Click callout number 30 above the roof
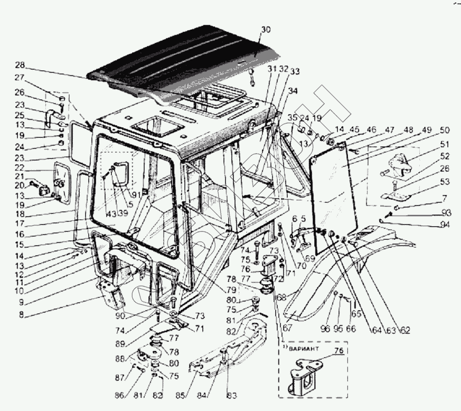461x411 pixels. [x=265, y=30]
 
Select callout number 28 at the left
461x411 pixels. [x=20, y=66]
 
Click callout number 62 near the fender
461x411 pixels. [x=405, y=331]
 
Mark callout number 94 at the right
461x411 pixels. [x=446, y=225]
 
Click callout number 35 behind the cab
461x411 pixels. [x=294, y=117]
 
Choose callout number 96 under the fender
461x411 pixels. [x=325, y=329]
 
